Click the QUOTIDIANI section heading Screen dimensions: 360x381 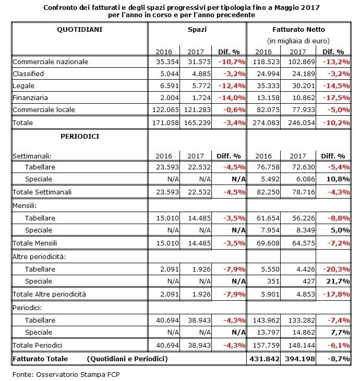tap(79, 30)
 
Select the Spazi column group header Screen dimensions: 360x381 tap(197, 30)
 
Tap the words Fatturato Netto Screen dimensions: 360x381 tap(298, 30)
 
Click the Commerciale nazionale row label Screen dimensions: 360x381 tap(51, 62)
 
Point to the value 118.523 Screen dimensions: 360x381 tap(266, 62)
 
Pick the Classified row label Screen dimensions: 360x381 tap(28, 73)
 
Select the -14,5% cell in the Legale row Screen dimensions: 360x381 tap(336, 86)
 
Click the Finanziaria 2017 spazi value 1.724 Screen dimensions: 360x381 tap(201, 97)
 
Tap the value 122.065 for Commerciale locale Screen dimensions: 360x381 tap(165, 110)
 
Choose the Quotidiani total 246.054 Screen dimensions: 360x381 tap(302, 122)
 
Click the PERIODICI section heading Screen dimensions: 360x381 tap(80, 137)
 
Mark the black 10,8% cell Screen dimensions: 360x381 tap(338, 179)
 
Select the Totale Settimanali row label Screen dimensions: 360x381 tap(42, 192)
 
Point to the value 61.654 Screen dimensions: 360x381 tap(268, 218)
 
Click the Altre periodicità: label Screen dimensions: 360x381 tap(39, 256)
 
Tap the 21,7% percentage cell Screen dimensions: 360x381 tap(338, 281)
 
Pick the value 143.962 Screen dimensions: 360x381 tap(266, 320)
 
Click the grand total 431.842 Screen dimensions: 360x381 tap(265, 359)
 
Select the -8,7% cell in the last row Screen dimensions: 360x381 tap(339, 359)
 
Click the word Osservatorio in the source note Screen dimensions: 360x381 tap(57, 374)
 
